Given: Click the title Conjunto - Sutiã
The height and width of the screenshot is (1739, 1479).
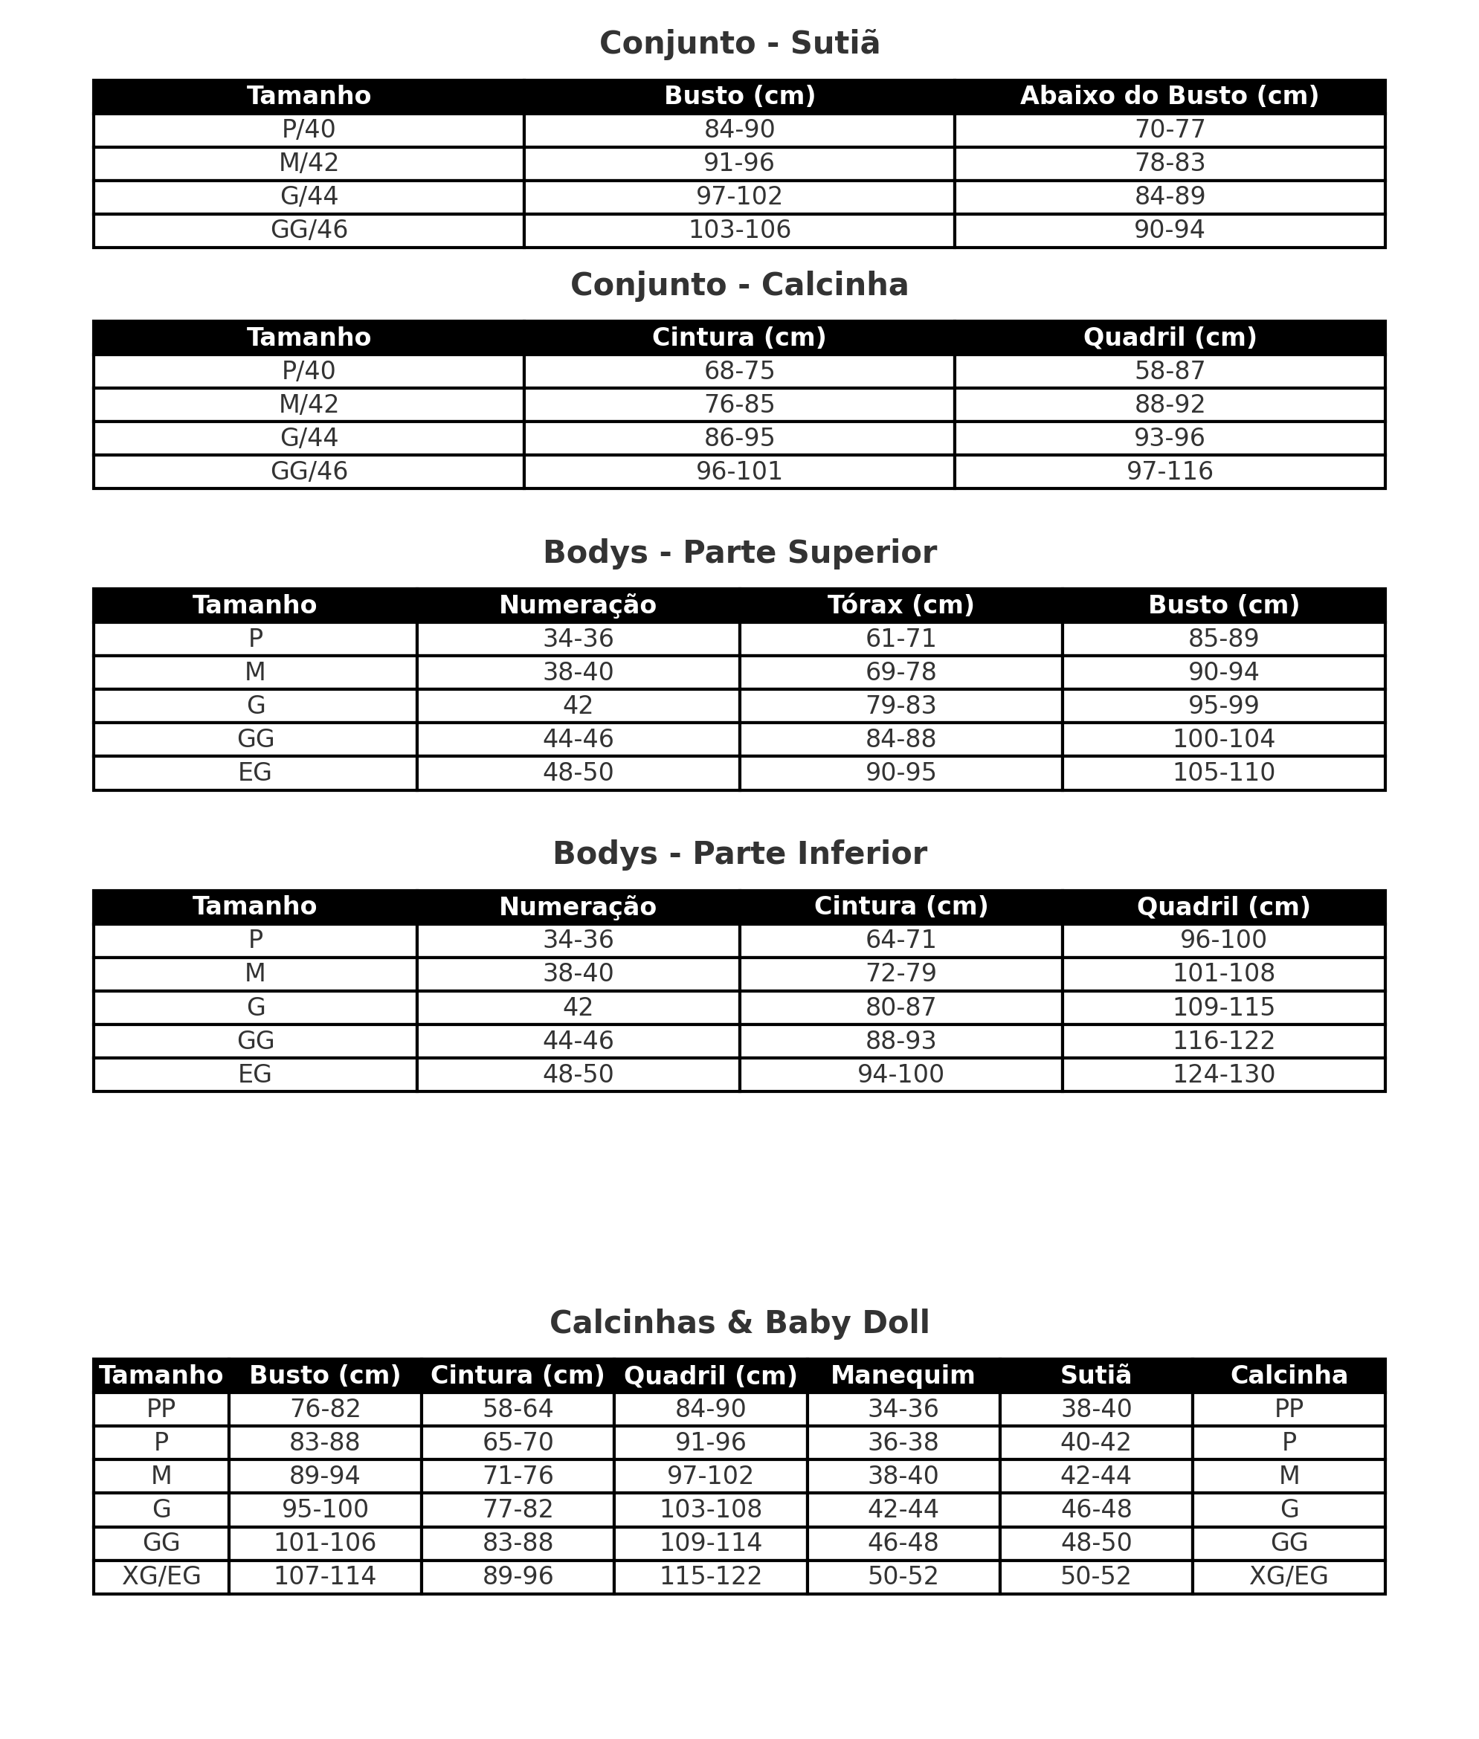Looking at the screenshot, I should pos(739,44).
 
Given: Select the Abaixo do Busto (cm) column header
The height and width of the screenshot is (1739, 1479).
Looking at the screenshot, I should pos(1169,97).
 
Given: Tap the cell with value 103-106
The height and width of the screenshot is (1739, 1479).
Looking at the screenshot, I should pos(738,230).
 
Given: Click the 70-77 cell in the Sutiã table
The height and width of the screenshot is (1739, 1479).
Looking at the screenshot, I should pos(1169,130).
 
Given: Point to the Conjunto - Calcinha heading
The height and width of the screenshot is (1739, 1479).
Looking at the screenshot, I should pos(739,285).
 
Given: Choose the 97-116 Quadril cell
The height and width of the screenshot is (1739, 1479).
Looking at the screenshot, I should pos(1169,471).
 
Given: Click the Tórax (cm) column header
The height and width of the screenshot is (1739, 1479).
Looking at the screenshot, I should pos(900,605).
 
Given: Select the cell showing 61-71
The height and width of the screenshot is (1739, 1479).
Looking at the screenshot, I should pos(900,639).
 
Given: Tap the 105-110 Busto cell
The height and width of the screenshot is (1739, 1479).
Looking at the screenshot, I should pos(1223,772).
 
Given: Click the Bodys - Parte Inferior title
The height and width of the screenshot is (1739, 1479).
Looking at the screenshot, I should pos(739,854).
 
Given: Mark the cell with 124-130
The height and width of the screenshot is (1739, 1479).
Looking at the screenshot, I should pos(1223,1074).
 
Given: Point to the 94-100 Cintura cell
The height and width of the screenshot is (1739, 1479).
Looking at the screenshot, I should pos(900,1074).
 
